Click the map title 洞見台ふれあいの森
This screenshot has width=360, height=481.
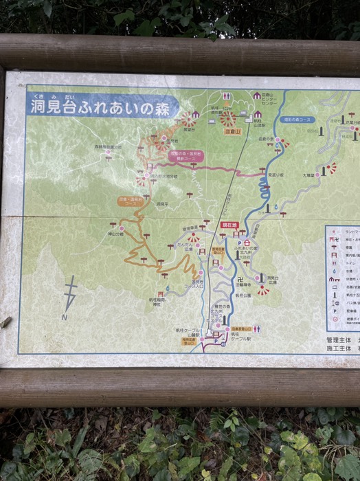[x=103, y=107]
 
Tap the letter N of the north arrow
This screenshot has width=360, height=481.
[x=64, y=317]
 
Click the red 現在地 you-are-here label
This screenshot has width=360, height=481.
[x=229, y=225]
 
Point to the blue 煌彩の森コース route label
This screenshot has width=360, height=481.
[x=297, y=120]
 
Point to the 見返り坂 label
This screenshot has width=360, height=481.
[x=277, y=175]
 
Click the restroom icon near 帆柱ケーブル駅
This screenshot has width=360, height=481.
[x=256, y=328]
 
